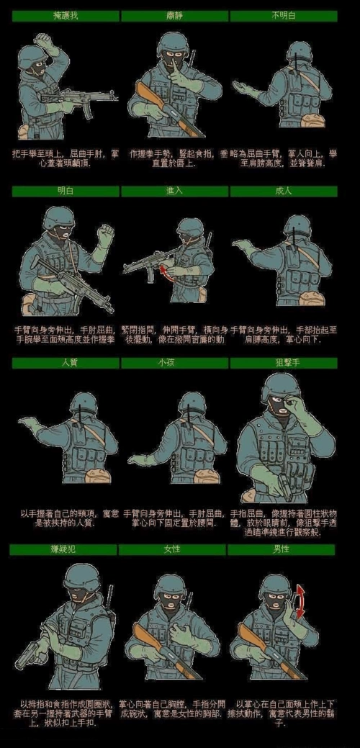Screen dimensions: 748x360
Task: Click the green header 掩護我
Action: (66, 16)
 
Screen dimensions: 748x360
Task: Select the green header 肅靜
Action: (175, 16)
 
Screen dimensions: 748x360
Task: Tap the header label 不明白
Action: (283, 16)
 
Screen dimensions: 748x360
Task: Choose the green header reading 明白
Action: (66, 191)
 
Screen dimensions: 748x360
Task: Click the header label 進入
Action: (175, 191)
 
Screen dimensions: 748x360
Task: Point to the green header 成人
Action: (283, 191)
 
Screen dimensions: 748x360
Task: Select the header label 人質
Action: (66, 363)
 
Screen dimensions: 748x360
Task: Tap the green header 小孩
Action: (175, 363)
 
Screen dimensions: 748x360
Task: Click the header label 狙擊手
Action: (283, 363)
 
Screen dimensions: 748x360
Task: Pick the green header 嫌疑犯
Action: (63, 549)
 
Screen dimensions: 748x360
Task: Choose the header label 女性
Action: (173, 549)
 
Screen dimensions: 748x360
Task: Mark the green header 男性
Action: (282, 549)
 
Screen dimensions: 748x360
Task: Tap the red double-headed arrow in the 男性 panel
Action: (300, 601)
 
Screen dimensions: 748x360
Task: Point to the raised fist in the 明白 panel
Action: (107, 235)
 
